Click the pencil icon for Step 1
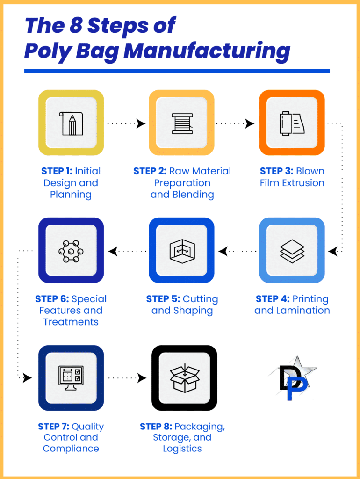click(x=71, y=123)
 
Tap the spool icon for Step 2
click(x=182, y=123)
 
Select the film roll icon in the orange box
click(x=292, y=123)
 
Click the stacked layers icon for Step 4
click(x=292, y=251)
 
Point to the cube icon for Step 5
click(x=182, y=251)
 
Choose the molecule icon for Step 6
click(x=71, y=251)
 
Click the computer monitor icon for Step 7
click(x=71, y=378)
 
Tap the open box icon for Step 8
click(x=184, y=378)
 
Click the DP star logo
click(x=293, y=378)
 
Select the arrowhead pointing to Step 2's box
click(x=141, y=123)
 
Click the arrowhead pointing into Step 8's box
click(x=142, y=378)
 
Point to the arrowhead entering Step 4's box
click(x=332, y=251)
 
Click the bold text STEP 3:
click(x=277, y=171)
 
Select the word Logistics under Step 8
click(x=182, y=449)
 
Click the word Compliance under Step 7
click(x=71, y=449)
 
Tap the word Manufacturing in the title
click(x=207, y=51)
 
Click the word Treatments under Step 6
click(x=71, y=322)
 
